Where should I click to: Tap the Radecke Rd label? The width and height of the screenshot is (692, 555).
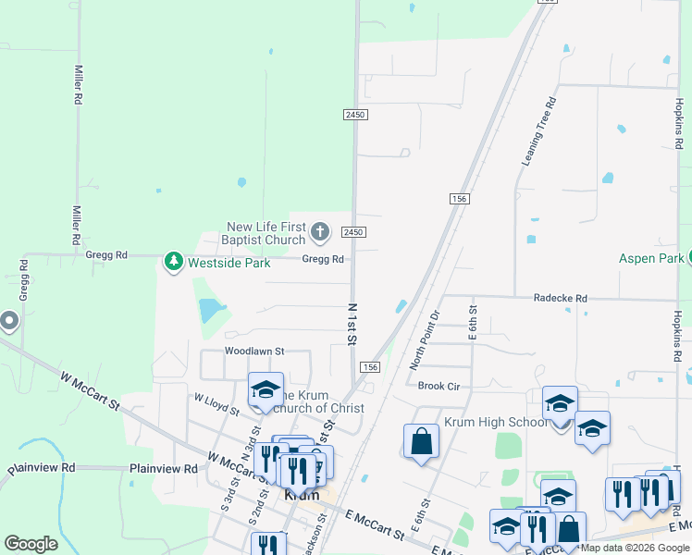point(561,299)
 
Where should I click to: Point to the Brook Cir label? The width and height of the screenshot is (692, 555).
point(439,386)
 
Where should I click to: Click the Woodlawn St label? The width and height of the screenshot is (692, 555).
point(253,351)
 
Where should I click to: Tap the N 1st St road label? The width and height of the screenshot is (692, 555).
point(352,324)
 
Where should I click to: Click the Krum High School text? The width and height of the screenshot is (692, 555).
point(484,423)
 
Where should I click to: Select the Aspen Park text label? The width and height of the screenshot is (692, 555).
point(650,259)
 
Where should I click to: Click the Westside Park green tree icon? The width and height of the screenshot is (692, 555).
point(173,263)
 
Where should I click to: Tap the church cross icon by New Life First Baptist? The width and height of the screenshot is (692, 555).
point(320,231)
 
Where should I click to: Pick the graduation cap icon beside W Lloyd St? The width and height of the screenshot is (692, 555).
point(266,389)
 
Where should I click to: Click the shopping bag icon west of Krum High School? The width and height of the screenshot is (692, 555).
point(422,441)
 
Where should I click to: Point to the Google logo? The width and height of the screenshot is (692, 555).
point(31,544)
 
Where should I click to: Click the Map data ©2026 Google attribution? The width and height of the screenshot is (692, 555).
point(636,548)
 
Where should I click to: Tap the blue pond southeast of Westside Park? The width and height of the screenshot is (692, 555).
point(211,308)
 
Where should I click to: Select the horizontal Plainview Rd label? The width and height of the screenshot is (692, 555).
point(164,469)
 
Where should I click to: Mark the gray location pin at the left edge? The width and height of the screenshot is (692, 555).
point(9,322)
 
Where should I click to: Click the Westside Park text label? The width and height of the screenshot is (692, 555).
point(229,263)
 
